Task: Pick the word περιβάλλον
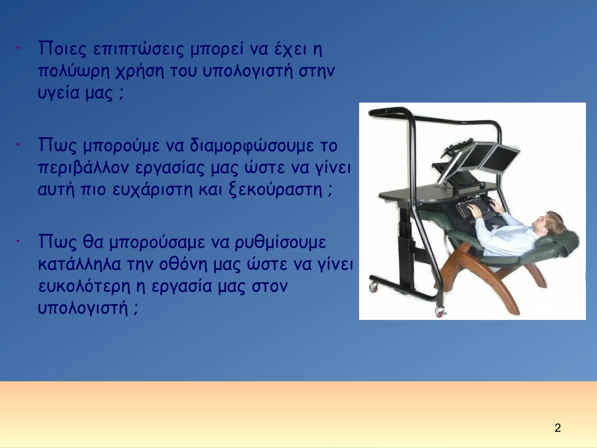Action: [x=83, y=167]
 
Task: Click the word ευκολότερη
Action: [x=84, y=286]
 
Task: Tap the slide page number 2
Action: [x=557, y=428]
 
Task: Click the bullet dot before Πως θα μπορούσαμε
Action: [x=18, y=241]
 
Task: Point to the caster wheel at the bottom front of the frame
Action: [x=439, y=312]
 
